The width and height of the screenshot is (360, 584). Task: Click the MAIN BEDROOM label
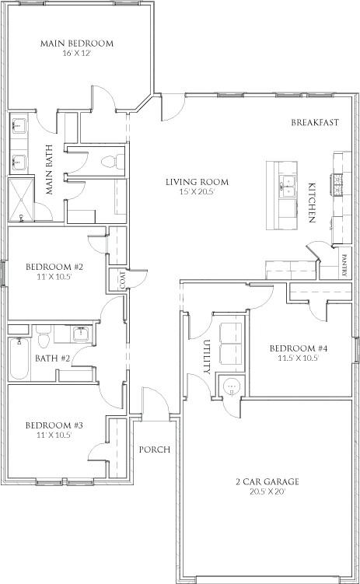tap(76, 44)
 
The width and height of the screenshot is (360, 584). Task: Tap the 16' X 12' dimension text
tap(76, 54)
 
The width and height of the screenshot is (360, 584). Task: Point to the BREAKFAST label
tap(315, 123)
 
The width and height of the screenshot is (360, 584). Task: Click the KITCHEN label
tap(312, 204)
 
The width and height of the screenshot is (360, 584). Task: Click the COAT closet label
tap(122, 278)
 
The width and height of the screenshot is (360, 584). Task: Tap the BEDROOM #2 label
tap(54, 265)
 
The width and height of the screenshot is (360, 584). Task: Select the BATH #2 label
tap(53, 358)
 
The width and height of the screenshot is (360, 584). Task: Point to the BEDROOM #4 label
tap(299, 348)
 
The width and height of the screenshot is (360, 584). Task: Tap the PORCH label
tap(155, 450)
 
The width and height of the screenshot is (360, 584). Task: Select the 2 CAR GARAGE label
tap(267, 481)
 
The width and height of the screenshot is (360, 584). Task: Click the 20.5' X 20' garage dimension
tap(267, 492)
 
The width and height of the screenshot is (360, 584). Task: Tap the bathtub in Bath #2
tap(21, 358)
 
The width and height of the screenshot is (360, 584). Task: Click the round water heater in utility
tap(231, 386)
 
